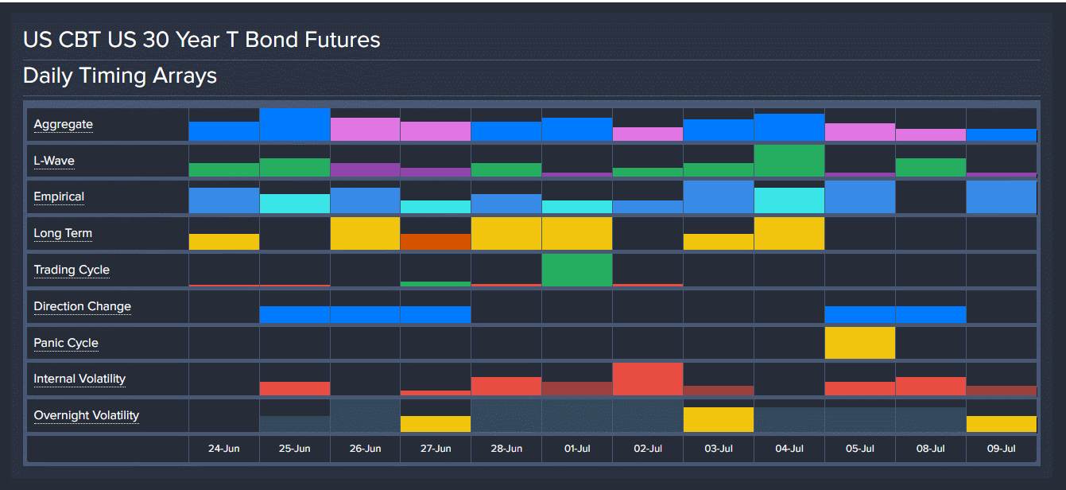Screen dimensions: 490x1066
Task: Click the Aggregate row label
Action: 64,125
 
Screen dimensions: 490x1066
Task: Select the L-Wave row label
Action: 54,161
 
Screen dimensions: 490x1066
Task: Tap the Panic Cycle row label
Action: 66,344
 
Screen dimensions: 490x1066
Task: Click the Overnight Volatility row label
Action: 86,415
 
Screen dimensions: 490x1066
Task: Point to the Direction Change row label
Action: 82,307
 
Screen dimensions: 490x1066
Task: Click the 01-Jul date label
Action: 577,449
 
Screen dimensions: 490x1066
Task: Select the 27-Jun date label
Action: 436,449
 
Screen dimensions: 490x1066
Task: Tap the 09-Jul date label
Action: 1002,449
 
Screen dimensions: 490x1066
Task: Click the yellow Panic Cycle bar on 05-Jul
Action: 860,343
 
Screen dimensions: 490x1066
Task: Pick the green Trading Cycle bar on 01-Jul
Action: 577,270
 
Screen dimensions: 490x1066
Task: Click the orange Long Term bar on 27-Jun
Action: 436,242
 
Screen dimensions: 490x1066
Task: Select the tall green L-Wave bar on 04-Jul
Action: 789,161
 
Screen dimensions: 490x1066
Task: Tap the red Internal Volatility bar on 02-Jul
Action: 648,379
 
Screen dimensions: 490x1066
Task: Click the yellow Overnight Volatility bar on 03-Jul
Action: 719,420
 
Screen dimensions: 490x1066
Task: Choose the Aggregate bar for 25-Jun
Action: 295,125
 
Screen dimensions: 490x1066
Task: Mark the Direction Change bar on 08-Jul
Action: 931,315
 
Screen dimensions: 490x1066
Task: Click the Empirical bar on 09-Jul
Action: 1002,197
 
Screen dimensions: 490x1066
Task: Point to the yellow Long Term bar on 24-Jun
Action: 224,242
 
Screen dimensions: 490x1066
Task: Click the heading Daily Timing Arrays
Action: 120,76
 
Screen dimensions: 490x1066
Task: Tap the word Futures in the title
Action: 337,40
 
